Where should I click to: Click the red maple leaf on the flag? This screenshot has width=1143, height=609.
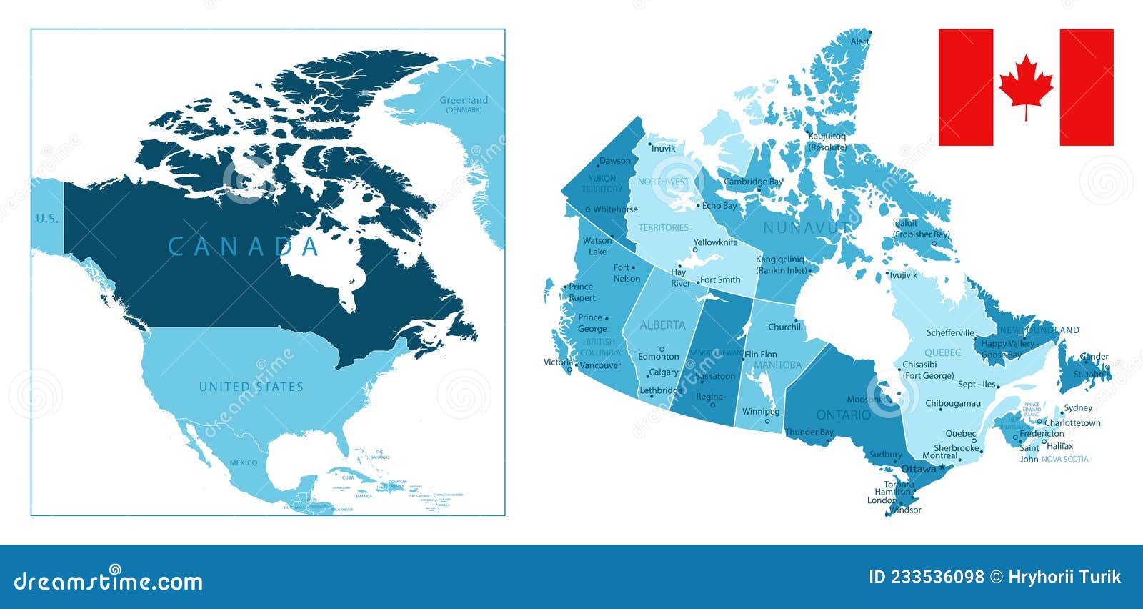(x=1026, y=85)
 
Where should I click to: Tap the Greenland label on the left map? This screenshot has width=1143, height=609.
(x=464, y=101)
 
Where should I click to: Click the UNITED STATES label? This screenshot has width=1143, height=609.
(x=251, y=387)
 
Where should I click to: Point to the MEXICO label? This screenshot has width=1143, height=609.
(x=243, y=462)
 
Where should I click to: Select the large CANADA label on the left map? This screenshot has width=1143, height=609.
(x=243, y=247)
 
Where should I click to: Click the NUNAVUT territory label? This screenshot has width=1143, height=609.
(x=807, y=227)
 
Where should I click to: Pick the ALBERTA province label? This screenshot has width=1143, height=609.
(x=662, y=325)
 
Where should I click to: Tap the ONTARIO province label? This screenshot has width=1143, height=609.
(x=843, y=415)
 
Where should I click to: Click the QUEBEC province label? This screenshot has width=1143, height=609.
(x=942, y=352)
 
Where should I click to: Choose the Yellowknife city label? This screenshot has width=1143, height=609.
(x=715, y=242)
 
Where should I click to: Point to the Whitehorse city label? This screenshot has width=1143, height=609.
(x=615, y=209)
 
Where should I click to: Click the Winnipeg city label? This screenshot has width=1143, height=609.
(x=760, y=412)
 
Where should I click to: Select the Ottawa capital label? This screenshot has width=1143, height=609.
(x=918, y=469)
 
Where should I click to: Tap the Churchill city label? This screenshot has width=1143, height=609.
(x=785, y=327)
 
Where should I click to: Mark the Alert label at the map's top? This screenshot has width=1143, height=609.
(x=859, y=41)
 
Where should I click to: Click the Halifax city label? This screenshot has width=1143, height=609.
(x=1059, y=446)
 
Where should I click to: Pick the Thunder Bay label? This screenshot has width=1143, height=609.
(x=809, y=432)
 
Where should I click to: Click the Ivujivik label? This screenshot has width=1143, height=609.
(x=903, y=275)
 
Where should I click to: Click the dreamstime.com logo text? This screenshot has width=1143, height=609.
(x=108, y=581)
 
